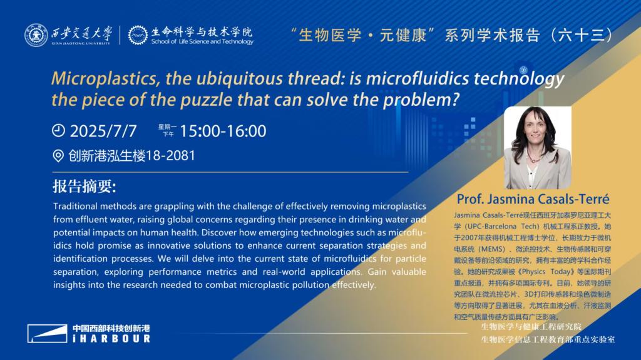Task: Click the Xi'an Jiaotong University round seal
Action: point(36,35)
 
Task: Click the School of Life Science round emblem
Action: point(138,35)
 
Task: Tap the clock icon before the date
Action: point(58,130)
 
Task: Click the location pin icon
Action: point(58,156)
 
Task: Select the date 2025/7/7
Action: point(103,131)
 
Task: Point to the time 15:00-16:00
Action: point(223,131)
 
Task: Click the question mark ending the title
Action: point(456,99)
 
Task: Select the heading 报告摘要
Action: point(85,187)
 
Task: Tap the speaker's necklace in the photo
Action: point(532,157)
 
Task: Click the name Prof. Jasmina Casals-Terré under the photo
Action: point(533,199)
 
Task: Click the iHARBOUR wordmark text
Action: point(111,339)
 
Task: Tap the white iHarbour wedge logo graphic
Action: point(48,334)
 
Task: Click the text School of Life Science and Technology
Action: point(202,41)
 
